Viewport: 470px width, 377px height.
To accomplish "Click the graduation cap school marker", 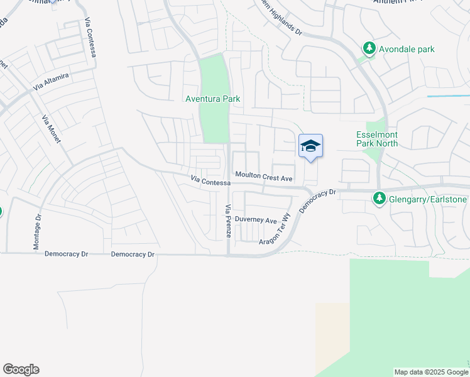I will tap(310, 146).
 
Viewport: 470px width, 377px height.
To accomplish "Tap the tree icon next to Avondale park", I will tap(369, 48).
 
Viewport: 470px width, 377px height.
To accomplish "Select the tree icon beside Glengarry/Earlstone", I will tap(379, 199).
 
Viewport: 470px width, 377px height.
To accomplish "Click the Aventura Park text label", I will tap(213, 99).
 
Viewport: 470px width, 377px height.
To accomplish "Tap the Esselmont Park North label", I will tap(377, 139).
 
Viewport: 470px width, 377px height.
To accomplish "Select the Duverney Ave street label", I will tap(256, 221).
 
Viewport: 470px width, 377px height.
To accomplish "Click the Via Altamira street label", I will tap(52, 81).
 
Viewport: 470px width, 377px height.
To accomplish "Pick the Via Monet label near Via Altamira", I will tap(52, 129).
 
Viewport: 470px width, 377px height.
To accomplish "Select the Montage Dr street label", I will tap(37, 230).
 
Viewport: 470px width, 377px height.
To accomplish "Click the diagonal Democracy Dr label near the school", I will tap(319, 200).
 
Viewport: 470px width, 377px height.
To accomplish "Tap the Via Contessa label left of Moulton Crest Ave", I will tap(210, 181).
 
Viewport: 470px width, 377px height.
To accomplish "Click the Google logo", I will tap(21, 369).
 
